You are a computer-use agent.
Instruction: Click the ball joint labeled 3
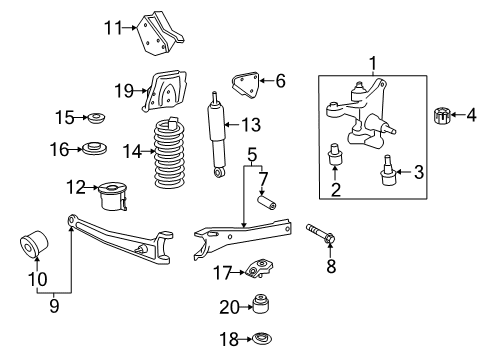[386, 177]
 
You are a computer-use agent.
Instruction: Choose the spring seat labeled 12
[113, 193]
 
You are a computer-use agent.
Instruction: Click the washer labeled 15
[97, 120]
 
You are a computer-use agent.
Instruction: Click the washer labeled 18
[264, 339]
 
